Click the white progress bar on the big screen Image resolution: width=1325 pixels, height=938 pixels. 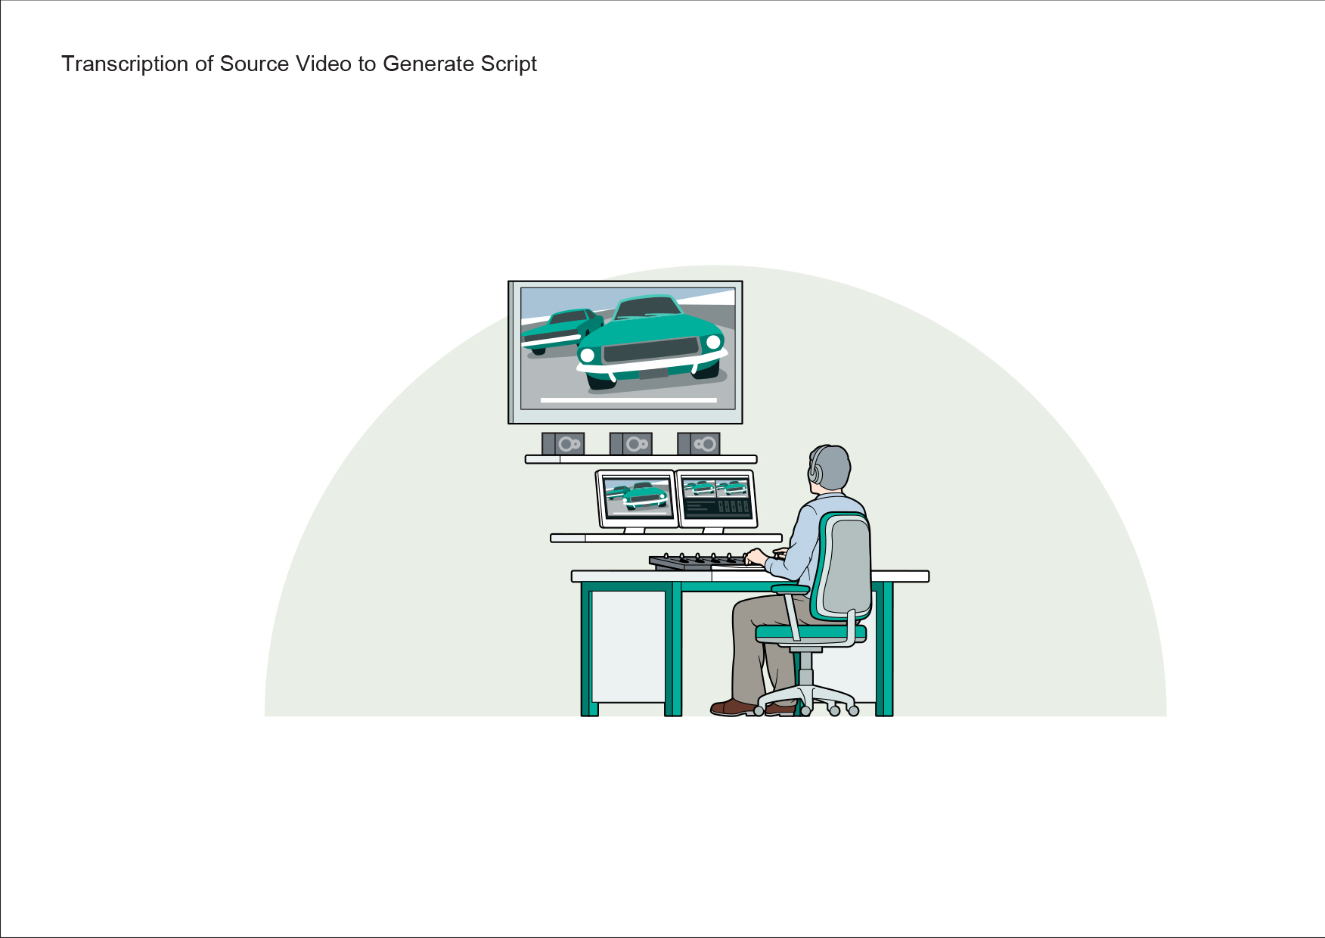coord(628,400)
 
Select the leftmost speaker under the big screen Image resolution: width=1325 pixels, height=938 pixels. coord(563,443)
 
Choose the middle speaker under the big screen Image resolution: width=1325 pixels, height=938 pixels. coord(631,443)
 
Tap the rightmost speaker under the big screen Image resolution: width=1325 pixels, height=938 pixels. coord(699,443)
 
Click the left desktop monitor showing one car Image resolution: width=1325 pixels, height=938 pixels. coord(637,499)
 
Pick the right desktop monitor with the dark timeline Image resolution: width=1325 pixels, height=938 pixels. coord(716,499)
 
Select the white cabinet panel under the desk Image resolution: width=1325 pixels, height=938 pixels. coord(628,647)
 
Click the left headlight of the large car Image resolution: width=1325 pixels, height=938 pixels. coord(587,356)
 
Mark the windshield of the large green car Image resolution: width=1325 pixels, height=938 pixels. coord(648,307)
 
